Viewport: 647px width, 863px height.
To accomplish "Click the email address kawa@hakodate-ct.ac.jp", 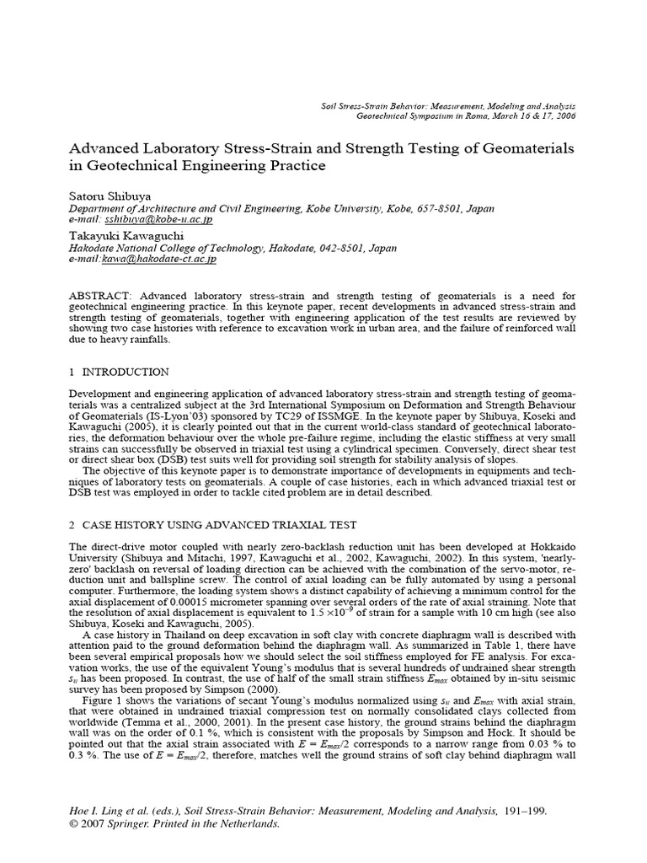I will tap(159, 260).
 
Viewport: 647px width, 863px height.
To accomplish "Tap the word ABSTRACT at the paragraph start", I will tap(99, 297).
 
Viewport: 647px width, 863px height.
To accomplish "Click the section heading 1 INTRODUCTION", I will tap(118, 372).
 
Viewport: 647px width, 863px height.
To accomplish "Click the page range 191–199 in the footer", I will tap(523, 811).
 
